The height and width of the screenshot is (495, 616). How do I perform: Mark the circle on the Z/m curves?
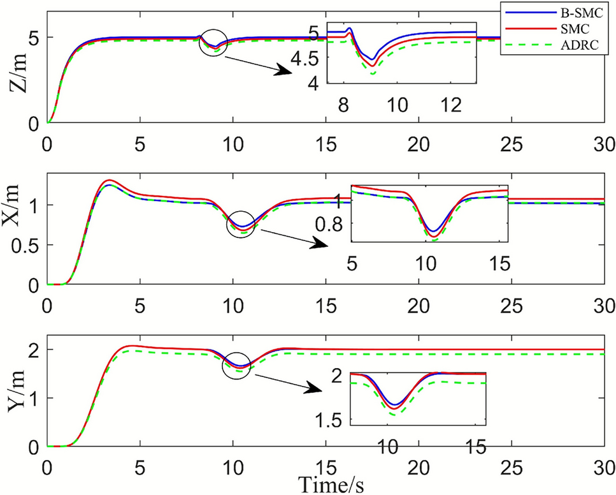pyautogui.click(x=213, y=43)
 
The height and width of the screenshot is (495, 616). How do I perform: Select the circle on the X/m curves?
pyautogui.click(x=241, y=225)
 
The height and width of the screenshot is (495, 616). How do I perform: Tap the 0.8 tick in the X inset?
pyautogui.click(x=332, y=224)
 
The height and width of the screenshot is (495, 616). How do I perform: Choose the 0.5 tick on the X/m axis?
pyautogui.click(x=29, y=245)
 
